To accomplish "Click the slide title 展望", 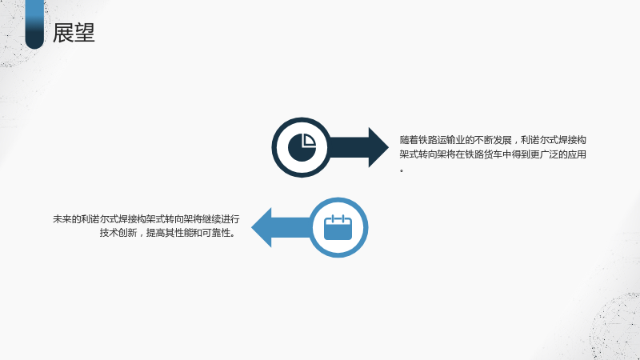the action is tap(74, 33).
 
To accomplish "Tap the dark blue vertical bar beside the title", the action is tap(34, 25).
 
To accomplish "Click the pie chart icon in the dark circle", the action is tap(302, 147).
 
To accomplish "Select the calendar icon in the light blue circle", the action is tap(338, 227).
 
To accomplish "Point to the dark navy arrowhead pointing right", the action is tap(378, 147).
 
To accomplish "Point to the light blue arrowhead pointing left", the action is tap(262, 227).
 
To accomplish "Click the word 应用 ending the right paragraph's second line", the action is tap(577, 154).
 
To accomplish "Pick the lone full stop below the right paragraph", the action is tap(402, 170).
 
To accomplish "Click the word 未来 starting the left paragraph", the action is tap(62, 219).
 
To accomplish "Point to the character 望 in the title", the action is tap(85, 33).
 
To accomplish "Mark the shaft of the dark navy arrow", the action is tap(349, 147).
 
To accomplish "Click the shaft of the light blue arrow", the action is tap(291, 227).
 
